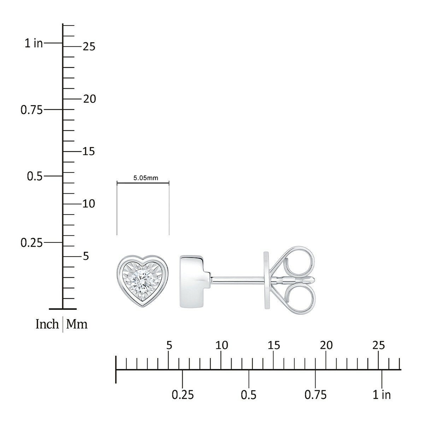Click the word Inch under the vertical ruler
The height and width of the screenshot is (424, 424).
click(47, 324)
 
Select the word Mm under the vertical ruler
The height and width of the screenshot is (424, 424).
click(77, 324)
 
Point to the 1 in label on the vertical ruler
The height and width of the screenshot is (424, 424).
click(34, 43)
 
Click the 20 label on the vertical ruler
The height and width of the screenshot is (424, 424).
click(89, 99)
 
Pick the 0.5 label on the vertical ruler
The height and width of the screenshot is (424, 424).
click(35, 176)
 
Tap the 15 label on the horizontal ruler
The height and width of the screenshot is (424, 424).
click(274, 345)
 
